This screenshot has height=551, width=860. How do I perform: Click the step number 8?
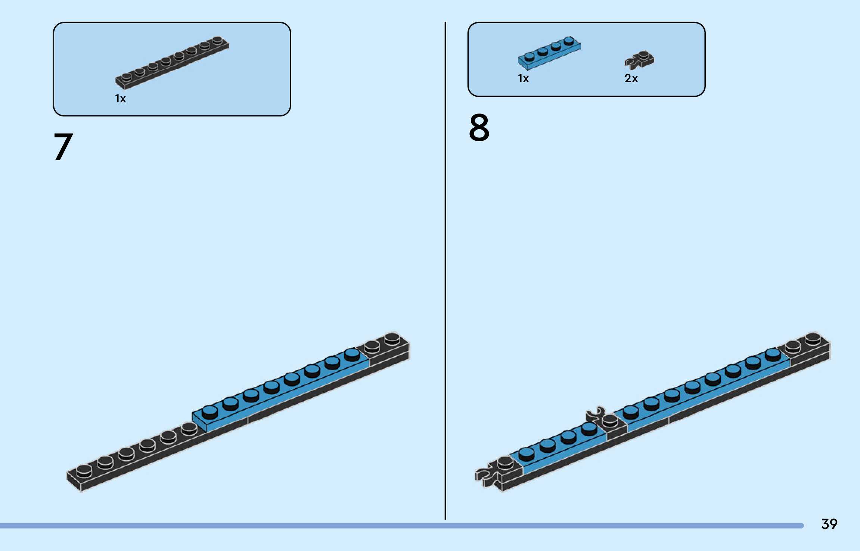(x=479, y=128)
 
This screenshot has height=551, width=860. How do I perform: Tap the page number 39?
(x=829, y=524)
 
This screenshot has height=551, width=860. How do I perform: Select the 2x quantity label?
(x=631, y=78)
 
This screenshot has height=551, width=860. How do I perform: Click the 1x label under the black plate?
(x=120, y=99)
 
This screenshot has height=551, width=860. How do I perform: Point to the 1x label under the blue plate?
(x=523, y=78)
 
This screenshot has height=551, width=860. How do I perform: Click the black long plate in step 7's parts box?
(x=172, y=63)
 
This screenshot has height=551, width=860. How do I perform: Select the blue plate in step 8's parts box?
(x=549, y=53)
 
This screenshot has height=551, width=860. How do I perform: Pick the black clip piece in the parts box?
(x=640, y=60)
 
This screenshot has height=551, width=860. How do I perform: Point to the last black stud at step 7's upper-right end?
(x=392, y=338)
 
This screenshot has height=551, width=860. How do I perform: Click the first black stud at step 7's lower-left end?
(x=84, y=471)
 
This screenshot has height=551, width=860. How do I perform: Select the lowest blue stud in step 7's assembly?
(x=209, y=412)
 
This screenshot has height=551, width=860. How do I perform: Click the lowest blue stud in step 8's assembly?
(x=527, y=454)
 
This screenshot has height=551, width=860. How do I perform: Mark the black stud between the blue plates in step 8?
(x=610, y=420)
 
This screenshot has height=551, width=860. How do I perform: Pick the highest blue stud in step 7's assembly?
(x=352, y=354)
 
